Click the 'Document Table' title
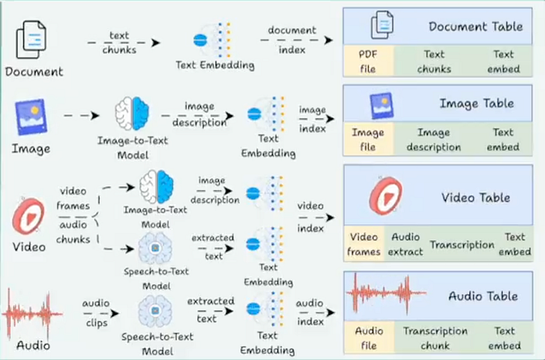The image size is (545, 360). coord(476,26)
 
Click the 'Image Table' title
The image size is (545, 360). coord(476,103)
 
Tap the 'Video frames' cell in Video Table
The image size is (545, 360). coord(364,243)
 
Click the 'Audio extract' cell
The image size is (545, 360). coord(406,243)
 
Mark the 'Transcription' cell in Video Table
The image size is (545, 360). coord(462,244)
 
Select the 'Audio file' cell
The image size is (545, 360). coord(369,337)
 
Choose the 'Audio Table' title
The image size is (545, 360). coord(483,296)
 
